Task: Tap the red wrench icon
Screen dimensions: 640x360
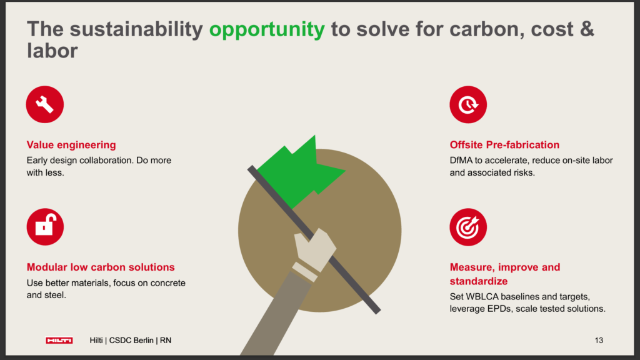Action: tap(45, 104)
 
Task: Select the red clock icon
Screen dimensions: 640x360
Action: tap(468, 104)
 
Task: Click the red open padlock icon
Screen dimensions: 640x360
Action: tap(45, 227)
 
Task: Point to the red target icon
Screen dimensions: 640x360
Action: tap(468, 227)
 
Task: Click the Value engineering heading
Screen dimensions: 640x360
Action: tap(71, 145)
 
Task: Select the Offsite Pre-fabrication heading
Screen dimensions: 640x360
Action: tap(504, 145)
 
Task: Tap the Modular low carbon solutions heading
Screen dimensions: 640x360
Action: tap(101, 267)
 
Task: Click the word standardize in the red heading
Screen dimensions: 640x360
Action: tap(478, 281)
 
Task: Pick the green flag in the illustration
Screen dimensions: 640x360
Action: tap(300, 171)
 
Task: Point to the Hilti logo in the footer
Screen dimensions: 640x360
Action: tap(59, 341)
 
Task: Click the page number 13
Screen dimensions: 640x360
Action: tap(599, 341)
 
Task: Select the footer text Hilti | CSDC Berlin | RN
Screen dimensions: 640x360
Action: tap(131, 341)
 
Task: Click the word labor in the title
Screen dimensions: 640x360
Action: tap(52, 51)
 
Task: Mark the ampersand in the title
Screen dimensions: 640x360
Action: tap(586, 29)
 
